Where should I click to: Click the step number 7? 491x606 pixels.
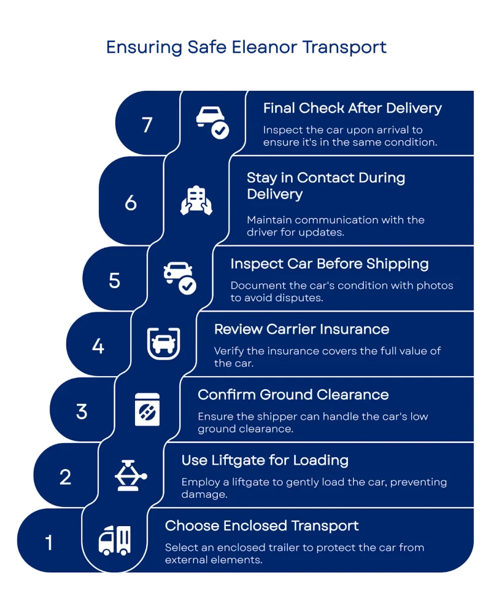147,125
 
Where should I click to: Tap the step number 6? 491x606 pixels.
131,202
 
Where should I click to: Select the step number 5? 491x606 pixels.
114,280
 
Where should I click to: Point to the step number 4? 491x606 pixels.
98,346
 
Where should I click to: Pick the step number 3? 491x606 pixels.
82,411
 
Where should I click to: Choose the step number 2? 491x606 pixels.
66,477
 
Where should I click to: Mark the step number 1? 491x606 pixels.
49,543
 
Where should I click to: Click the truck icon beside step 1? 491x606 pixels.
115,540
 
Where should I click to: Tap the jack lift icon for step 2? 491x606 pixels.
131,475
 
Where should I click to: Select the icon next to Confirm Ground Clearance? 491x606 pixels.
147,410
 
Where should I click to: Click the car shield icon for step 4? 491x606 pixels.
163,344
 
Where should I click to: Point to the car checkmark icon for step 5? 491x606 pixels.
180,277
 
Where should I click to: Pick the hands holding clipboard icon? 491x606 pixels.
196,200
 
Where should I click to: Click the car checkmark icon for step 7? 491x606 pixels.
212,122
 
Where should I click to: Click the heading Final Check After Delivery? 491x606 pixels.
352,108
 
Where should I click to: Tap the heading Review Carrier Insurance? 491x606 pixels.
301,329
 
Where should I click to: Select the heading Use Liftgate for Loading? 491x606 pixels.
265,460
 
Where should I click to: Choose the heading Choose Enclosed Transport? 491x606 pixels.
261,526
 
